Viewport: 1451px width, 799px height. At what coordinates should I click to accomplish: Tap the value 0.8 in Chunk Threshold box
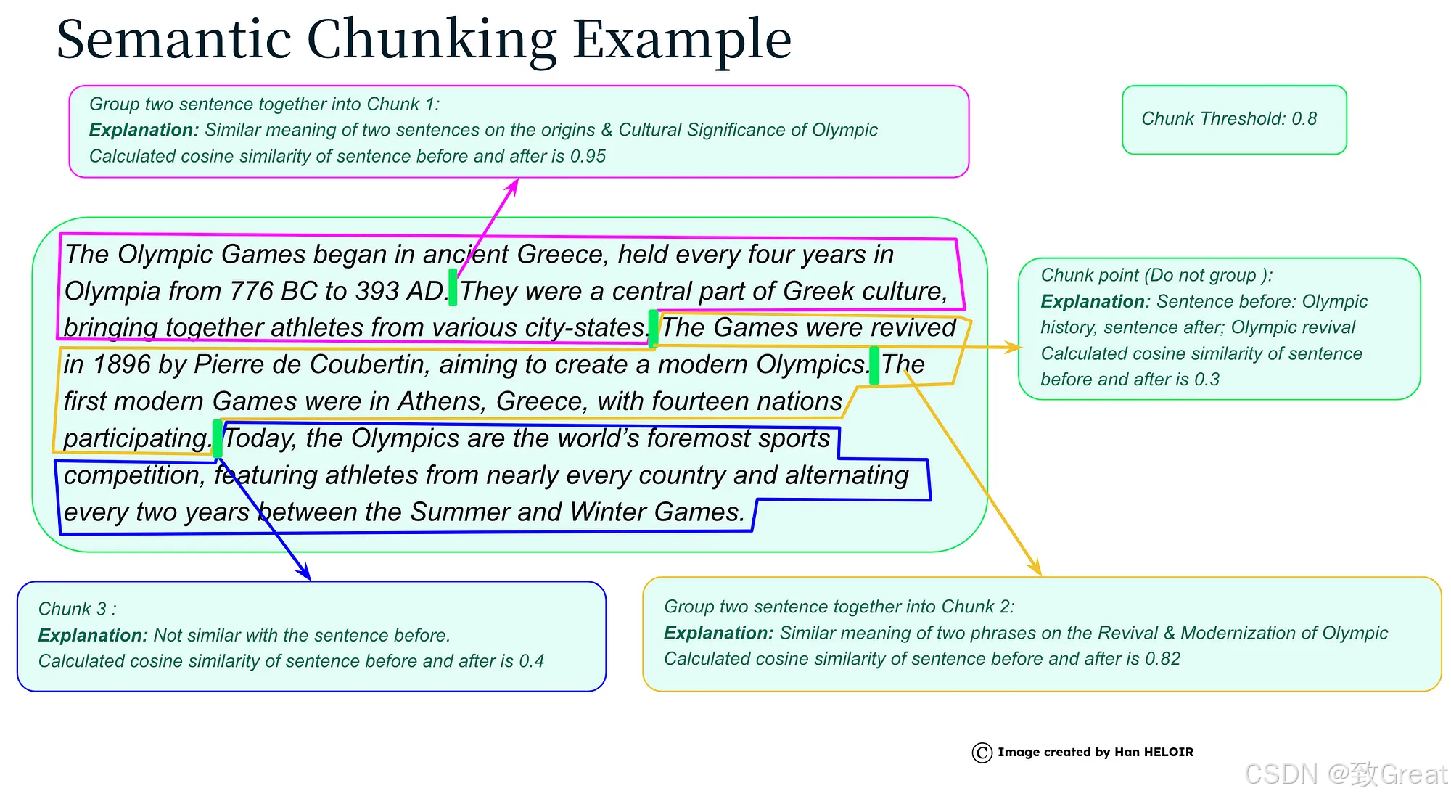click(x=1304, y=118)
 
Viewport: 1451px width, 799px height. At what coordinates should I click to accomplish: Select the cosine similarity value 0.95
click(x=588, y=156)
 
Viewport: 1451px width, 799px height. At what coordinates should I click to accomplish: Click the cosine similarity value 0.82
click(x=1162, y=658)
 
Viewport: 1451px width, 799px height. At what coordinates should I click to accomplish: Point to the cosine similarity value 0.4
click(x=531, y=661)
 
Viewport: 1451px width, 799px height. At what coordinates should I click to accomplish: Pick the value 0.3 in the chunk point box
click(x=1207, y=379)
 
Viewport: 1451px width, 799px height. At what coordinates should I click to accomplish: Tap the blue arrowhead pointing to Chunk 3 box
click(x=305, y=572)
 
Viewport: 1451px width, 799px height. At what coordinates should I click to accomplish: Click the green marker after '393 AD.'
click(x=453, y=287)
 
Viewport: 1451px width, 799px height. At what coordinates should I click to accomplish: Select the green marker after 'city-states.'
click(x=653, y=327)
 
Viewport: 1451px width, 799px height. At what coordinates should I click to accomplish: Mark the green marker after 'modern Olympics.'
click(x=874, y=366)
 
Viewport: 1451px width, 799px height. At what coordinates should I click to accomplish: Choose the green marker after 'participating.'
click(x=217, y=438)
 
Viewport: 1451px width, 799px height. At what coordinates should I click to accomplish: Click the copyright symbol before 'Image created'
click(x=982, y=753)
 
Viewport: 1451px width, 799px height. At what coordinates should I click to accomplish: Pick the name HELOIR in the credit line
click(x=1169, y=752)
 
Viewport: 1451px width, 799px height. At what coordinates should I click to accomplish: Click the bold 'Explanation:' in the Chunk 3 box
click(x=93, y=635)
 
